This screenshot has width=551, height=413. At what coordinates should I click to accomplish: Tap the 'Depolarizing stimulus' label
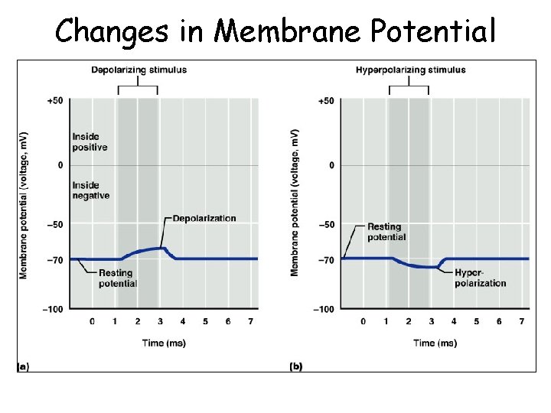tap(139, 70)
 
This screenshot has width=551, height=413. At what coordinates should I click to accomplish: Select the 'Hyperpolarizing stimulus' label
tap(410, 70)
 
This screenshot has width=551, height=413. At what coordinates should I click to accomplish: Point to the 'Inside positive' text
tap(90, 141)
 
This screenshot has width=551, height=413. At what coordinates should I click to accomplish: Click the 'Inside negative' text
tap(91, 190)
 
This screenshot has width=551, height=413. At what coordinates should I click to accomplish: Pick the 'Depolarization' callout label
tap(204, 219)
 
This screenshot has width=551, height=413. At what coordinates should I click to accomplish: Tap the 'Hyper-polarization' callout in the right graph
tap(480, 278)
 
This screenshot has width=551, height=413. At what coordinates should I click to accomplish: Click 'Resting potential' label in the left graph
tap(116, 278)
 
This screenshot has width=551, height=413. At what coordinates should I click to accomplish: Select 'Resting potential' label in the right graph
tap(386, 232)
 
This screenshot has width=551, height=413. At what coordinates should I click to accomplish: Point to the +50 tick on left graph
tap(54, 101)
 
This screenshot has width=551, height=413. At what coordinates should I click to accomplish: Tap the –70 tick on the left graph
tap(55, 260)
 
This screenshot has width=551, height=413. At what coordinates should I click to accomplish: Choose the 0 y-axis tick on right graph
tap(331, 165)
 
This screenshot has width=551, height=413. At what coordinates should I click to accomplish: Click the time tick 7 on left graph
tap(250, 322)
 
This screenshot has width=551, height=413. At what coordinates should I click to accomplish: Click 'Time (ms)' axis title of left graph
tap(164, 343)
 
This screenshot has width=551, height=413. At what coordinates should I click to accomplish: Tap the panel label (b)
tap(295, 366)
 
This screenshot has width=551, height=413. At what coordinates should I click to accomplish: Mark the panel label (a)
tap(23, 366)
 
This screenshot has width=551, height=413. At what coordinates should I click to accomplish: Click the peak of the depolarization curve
tap(162, 247)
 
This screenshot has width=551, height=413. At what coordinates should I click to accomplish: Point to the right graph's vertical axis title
tap(295, 203)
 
